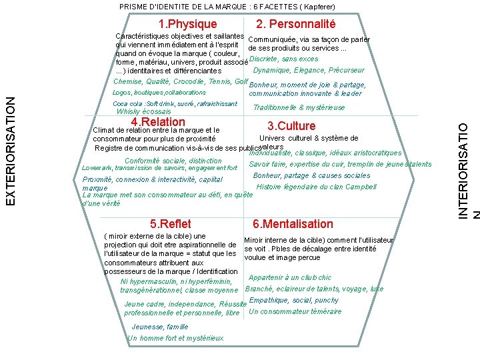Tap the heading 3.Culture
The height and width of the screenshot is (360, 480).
pyautogui.click(x=291, y=126)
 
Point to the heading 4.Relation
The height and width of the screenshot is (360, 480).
pyautogui.click(x=158, y=122)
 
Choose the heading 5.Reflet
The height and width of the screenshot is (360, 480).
pyautogui.click(x=171, y=224)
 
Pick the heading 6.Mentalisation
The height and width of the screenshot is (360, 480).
pyautogui.click(x=293, y=224)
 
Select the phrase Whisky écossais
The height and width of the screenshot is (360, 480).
pyautogui.click(x=143, y=112)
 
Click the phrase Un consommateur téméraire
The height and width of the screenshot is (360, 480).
pyautogui.click(x=295, y=311)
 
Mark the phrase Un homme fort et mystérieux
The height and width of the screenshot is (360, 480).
pyautogui.click(x=176, y=338)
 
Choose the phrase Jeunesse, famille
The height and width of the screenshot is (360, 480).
pyautogui.click(x=160, y=327)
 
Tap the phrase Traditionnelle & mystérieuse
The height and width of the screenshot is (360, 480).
pyautogui.click(x=299, y=107)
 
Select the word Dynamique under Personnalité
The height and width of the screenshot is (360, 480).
pyautogui.click(x=271, y=70)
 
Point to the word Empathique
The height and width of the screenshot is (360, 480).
pyautogui.click(x=267, y=300)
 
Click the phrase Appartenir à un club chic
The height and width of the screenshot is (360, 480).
pyautogui.click(x=290, y=278)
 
